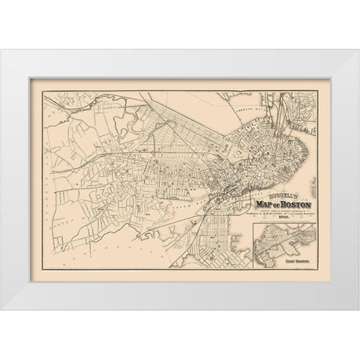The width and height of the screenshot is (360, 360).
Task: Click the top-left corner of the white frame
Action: [x=1, y=50]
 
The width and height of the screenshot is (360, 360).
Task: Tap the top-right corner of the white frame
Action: [x=358, y=50]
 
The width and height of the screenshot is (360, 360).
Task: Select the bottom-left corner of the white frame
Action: [x=1, y=309]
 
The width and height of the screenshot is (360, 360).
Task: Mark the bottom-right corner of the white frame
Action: [x=358, y=309]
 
